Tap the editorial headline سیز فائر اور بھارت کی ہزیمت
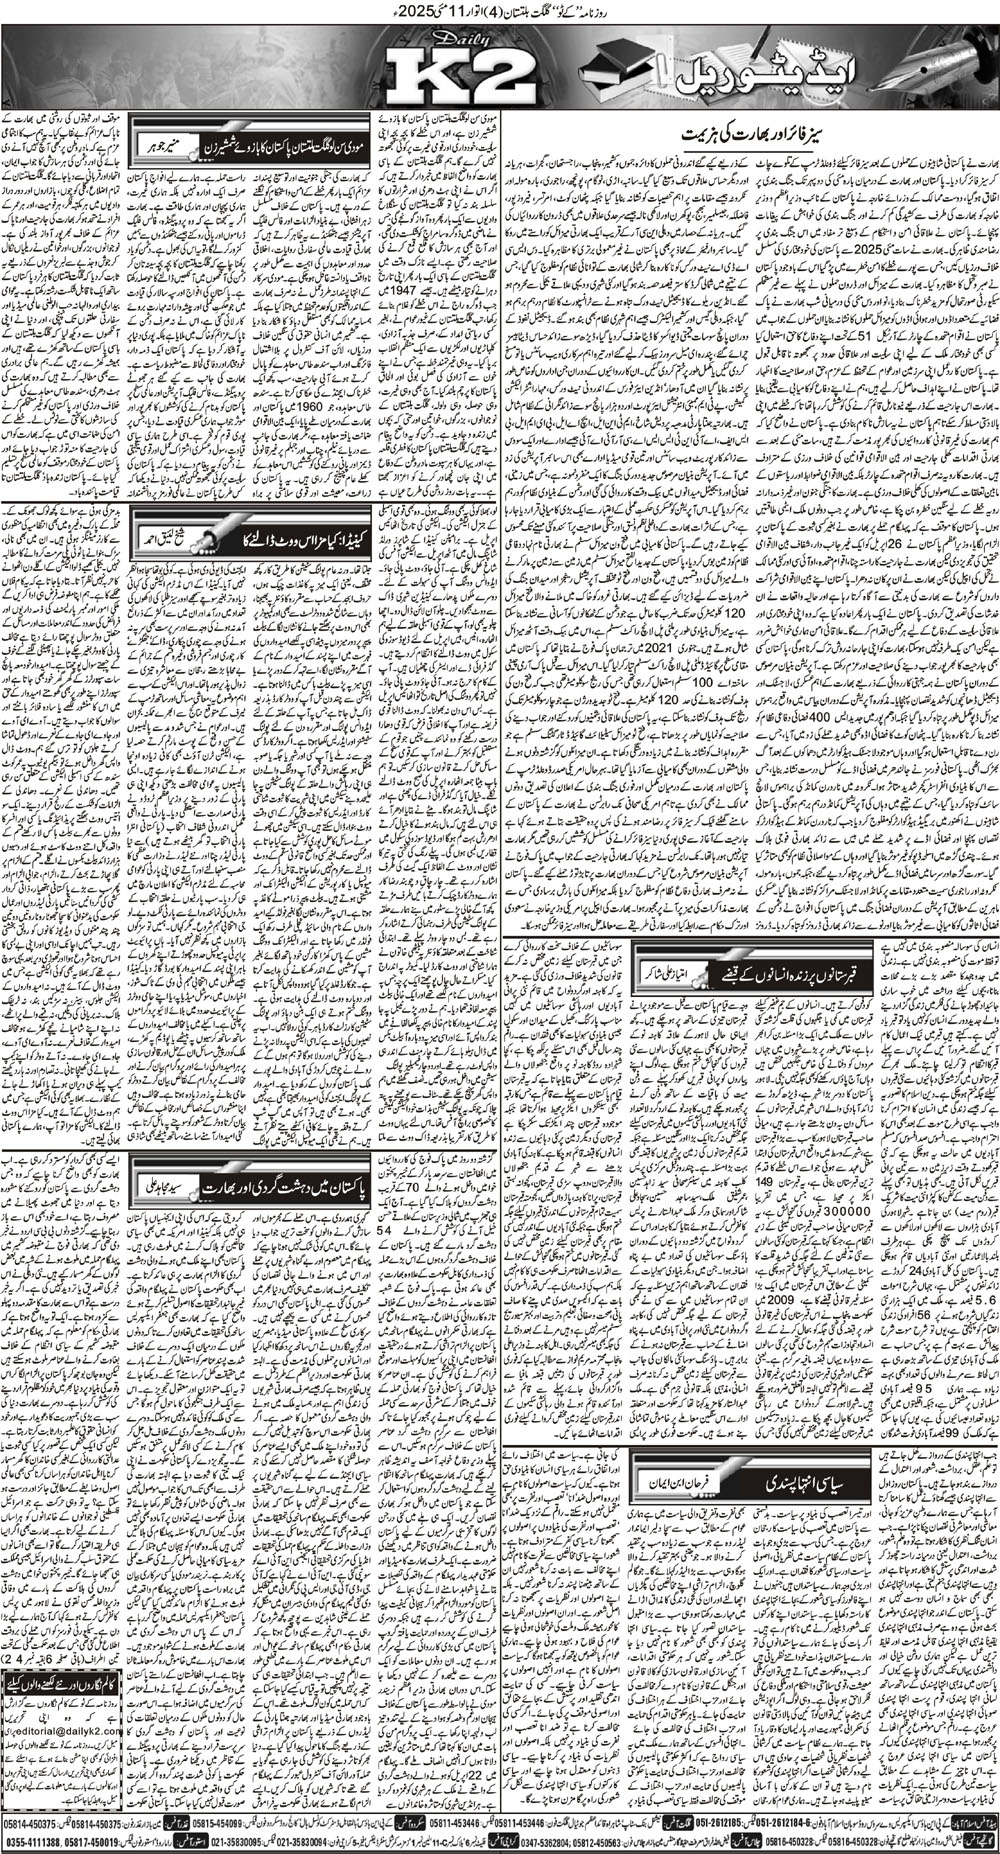[x=747, y=133]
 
